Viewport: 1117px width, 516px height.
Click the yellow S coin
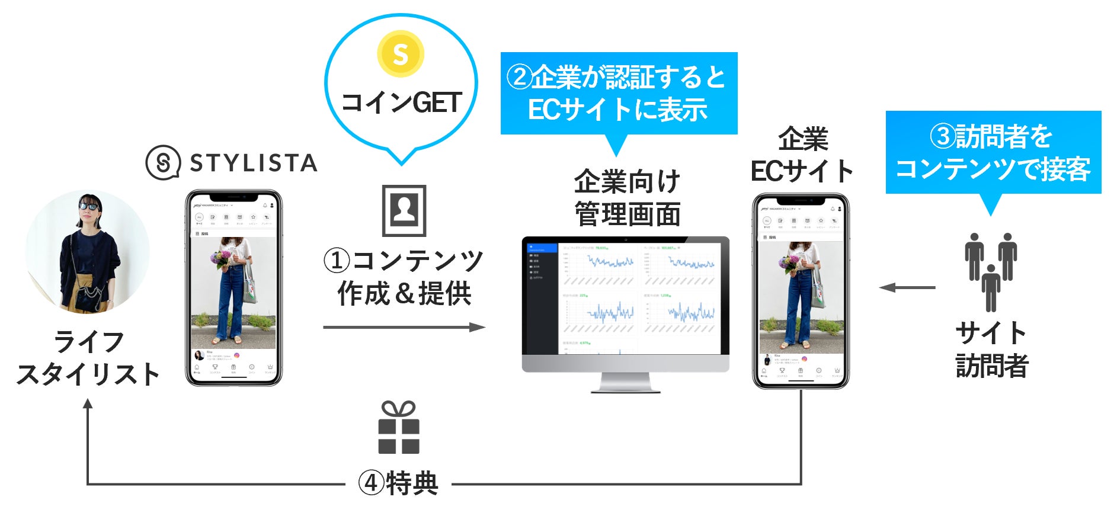401,55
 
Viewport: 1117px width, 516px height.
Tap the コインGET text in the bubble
401,103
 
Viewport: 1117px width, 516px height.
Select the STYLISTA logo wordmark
254,163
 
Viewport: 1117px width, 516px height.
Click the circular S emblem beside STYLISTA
163,162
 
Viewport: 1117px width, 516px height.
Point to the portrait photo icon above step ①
404,210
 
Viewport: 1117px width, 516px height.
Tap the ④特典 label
398,483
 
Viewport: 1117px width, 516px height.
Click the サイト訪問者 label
991,349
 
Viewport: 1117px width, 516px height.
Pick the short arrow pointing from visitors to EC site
907,288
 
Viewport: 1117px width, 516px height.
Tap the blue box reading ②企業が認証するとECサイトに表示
619,94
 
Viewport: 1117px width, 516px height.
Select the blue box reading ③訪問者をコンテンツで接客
993,152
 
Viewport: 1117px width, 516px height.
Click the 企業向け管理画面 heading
627,197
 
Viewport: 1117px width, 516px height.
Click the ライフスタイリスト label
88,358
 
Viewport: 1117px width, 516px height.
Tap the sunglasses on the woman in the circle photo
89,206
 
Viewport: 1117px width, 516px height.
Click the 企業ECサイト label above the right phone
802,156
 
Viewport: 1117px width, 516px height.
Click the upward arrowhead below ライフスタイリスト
88,404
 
